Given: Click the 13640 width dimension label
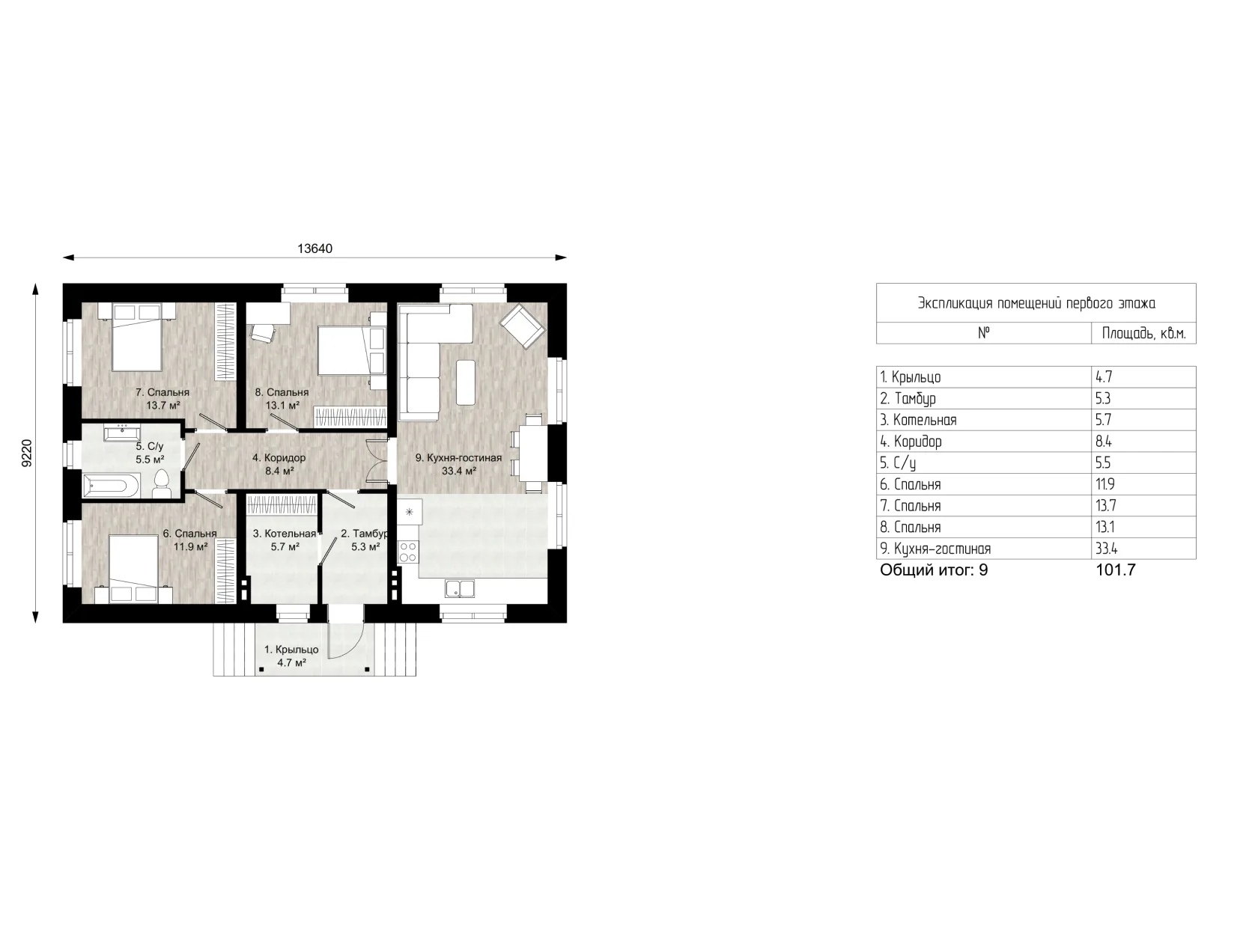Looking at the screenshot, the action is coord(314,248).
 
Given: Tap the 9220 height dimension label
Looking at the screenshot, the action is coord(27,453).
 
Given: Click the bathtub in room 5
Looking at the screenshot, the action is coord(111,486).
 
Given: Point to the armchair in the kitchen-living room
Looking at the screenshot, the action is coord(522,326).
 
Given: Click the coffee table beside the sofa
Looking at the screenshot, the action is coord(465,382).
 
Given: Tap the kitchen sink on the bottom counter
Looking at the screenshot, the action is coord(460,588).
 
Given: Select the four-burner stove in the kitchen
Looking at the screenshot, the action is coord(408,552).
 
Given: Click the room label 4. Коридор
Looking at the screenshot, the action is coord(279,457).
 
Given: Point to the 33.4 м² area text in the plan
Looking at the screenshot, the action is coord(459,471).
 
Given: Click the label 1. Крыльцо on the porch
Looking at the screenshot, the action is coord(291,650).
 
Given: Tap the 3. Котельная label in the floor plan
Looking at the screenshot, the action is coord(285,534).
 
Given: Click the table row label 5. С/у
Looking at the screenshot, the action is coord(898,463).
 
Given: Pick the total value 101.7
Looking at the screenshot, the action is coord(1115,570).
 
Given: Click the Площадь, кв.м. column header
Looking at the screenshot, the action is coord(1143,332).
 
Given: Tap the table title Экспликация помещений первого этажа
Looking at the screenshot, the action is coord(1036,303).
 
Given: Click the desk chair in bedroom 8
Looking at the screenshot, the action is coord(262,332).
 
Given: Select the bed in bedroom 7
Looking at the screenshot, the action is coord(136,338).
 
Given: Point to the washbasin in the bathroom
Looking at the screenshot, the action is coord(122,432).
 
